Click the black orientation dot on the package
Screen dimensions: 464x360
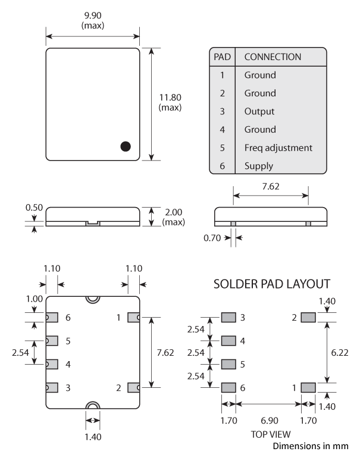[125, 146]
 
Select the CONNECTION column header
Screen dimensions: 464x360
[273, 57]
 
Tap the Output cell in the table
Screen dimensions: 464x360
[259, 111]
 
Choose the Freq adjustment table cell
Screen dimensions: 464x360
[278, 148]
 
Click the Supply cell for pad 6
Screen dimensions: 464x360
[259, 166]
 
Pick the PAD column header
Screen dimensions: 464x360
[222, 57]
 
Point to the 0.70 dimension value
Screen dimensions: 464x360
[212, 238]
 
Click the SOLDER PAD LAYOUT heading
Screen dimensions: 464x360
[272, 284]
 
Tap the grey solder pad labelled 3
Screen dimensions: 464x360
[228, 318]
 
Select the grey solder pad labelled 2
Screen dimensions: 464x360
[308, 318]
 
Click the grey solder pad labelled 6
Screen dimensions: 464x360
[228, 387]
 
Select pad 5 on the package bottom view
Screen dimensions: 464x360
[52, 341]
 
